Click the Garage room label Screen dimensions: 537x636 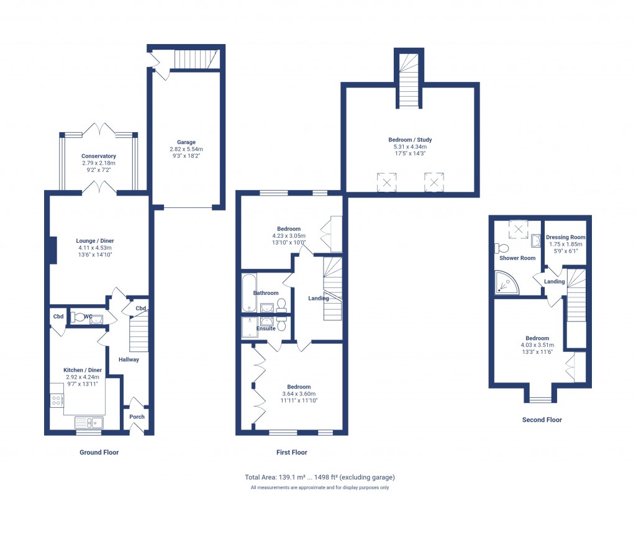click(186, 142)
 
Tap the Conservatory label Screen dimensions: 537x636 click(98, 156)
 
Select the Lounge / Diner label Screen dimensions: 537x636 click(95, 241)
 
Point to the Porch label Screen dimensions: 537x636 click(137, 417)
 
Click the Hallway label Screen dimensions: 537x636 click(129, 359)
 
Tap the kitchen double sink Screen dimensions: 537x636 click(90, 423)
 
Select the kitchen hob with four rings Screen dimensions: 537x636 click(57, 401)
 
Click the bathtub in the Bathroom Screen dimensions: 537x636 click(247, 293)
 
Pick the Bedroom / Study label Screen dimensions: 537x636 click(410, 140)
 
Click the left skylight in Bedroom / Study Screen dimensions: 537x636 click(386, 183)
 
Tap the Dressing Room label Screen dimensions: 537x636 click(565, 237)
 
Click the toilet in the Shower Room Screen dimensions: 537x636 click(502, 248)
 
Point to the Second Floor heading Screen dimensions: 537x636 click(542, 420)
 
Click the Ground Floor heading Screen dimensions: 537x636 click(99, 453)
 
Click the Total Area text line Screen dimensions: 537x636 click(320, 477)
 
